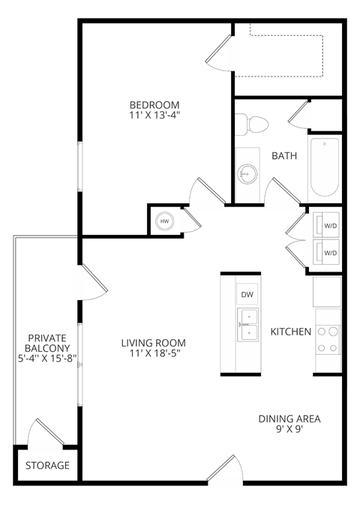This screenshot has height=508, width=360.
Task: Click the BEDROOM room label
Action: (154, 104)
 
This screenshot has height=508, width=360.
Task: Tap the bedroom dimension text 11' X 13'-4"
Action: (154, 116)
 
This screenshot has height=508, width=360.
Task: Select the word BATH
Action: (283, 156)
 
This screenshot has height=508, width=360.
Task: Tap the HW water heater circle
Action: (164, 221)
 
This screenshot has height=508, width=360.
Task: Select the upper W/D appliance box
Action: (329, 224)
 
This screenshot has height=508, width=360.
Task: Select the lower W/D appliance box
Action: (329, 252)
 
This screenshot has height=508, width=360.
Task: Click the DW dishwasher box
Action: (247, 295)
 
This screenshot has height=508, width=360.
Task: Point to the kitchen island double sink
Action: (247, 323)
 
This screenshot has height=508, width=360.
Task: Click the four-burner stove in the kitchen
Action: (328, 338)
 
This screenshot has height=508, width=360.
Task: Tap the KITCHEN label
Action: (290, 331)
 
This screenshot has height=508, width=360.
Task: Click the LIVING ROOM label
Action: (153, 343)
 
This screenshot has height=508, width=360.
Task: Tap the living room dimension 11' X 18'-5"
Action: (153, 353)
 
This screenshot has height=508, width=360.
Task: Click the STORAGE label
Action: (47, 465)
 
